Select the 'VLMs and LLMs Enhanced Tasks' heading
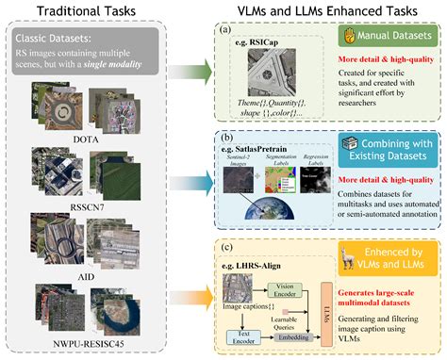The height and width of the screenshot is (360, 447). [x=319, y=10]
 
